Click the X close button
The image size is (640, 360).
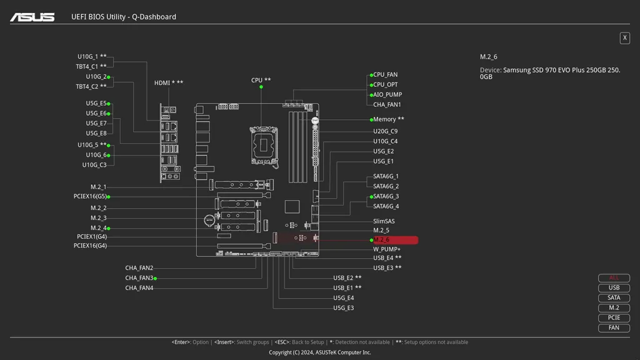(x=624, y=38)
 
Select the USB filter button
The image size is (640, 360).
(x=614, y=288)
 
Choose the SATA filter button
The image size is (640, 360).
(x=614, y=298)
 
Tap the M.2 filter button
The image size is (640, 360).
(x=614, y=308)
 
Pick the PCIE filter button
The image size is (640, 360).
(x=614, y=318)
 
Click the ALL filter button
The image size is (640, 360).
(x=614, y=278)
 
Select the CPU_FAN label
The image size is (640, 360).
(x=385, y=75)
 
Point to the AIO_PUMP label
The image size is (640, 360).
(x=387, y=95)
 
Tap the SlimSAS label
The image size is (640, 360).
(x=384, y=221)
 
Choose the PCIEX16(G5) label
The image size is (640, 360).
(x=90, y=197)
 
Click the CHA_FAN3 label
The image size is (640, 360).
(x=139, y=278)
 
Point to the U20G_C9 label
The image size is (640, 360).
(x=385, y=131)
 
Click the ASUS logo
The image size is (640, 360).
(x=32, y=17)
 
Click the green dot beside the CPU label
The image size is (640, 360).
(x=261, y=87)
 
